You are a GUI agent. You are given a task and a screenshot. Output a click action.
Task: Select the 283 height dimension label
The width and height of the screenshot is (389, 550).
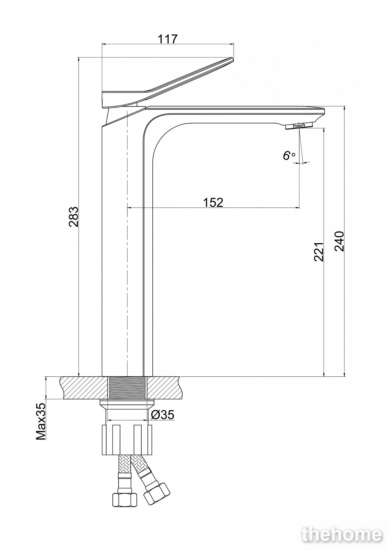[73, 217]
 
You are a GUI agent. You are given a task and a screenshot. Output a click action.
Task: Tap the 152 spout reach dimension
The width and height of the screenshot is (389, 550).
[213, 202]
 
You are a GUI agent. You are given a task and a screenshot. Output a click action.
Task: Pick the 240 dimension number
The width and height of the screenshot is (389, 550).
[339, 241]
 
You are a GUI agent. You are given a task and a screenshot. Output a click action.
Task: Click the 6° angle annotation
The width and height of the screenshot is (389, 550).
[289, 156]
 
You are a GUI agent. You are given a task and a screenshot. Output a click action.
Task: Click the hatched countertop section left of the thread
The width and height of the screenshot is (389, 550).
[84, 388]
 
